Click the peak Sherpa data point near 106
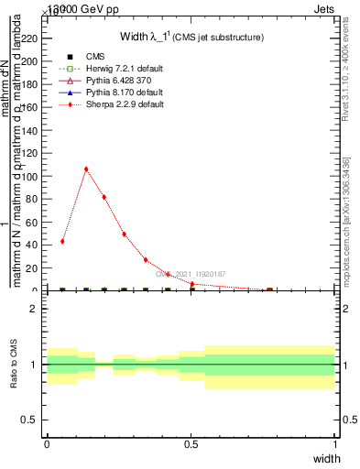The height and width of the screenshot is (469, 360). (86, 169)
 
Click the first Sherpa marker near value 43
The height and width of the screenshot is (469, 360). (62, 241)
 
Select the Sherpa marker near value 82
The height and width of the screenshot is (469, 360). (104, 197)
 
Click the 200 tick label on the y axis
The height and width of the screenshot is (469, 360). (32, 60)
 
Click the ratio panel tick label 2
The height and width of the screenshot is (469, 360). (33, 310)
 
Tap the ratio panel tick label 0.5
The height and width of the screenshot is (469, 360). (30, 420)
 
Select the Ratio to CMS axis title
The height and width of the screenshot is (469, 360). (14, 365)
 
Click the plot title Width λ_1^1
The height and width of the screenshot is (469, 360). (191, 37)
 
